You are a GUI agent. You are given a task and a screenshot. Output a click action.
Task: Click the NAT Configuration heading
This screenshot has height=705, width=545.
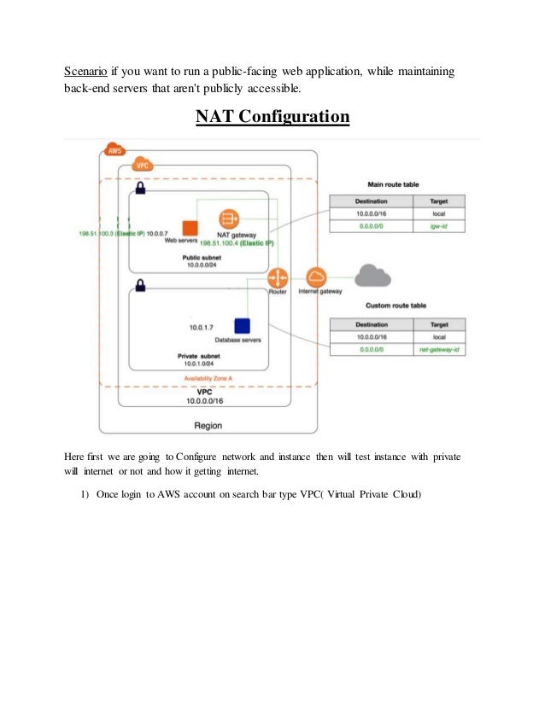tap(272, 115)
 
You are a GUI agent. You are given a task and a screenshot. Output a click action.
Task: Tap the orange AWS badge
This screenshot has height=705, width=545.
tap(114, 151)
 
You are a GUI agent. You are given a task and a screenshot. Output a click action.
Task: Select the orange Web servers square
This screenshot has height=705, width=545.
tap(190, 227)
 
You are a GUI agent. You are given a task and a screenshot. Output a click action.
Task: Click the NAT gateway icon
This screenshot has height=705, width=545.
tap(228, 218)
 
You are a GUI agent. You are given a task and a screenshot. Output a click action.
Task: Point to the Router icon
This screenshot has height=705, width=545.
tap(278, 278)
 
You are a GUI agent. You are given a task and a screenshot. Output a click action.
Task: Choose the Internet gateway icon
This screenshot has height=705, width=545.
tap(316, 277)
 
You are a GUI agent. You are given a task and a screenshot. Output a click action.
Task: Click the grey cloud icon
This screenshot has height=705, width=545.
tap(372, 275)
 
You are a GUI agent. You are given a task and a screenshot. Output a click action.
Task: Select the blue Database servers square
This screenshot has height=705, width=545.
tap(242, 326)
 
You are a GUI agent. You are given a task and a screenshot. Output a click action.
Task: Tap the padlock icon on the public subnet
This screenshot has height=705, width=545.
tap(140, 188)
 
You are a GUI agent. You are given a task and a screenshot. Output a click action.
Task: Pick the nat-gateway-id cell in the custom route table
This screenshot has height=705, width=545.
tap(439, 350)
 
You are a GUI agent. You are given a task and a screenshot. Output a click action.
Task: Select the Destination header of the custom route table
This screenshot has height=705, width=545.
tap(372, 324)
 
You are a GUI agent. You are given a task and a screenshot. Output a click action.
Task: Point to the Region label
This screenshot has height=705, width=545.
tap(208, 424)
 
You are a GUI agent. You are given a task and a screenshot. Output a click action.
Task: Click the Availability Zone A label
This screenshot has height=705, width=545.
tap(208, 378)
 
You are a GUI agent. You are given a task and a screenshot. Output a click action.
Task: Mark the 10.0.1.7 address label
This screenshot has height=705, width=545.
tap(202, 327)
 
